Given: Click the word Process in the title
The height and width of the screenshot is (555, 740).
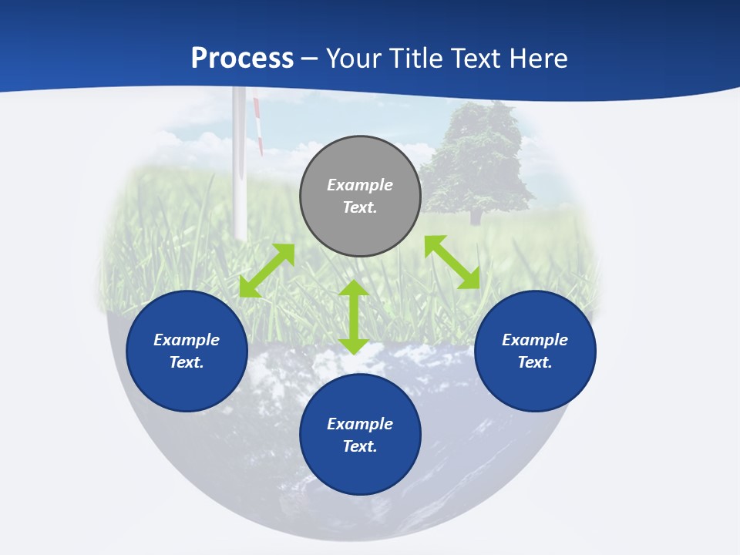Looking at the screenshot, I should pos(242,59).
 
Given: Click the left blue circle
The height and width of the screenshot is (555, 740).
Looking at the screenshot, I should pos(187,351).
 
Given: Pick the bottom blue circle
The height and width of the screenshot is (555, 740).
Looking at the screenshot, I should pos(360,435).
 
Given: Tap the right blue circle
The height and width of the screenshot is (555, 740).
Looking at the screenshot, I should pos(535,351).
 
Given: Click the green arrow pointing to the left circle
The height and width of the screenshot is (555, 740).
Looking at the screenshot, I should pos(267,271).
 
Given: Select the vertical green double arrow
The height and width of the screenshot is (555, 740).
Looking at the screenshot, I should pos(354,317).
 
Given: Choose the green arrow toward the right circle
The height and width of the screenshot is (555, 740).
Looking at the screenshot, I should pos(452,262).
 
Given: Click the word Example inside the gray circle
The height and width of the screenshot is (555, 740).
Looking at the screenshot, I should pos(360,185).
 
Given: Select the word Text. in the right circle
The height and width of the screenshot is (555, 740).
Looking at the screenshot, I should pos(535,362).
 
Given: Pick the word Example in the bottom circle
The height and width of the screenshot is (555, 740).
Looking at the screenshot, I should pos(360,424).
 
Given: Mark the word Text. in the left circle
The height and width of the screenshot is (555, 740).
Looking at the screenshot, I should pos(187,362).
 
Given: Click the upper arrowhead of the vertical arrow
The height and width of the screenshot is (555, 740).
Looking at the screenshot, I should pos(354,288).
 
